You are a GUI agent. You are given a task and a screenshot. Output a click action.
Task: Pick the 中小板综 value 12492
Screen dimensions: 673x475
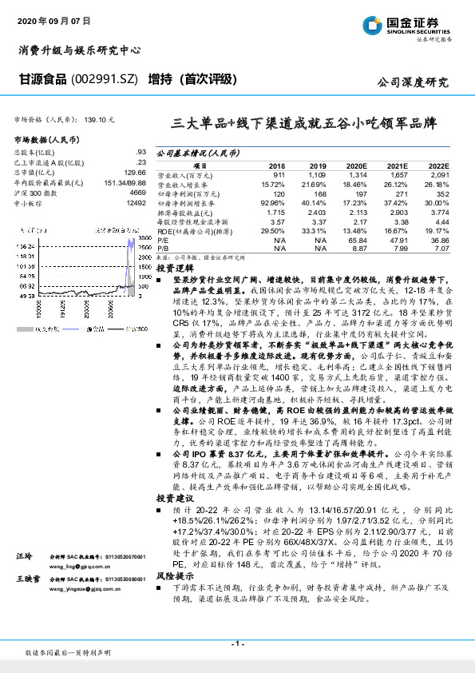(x=137, y=203)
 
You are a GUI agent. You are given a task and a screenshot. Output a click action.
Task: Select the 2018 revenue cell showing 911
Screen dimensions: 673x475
(x=278, y=173)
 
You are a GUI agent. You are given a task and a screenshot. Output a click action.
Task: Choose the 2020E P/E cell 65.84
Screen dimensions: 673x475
(x=355, y=239)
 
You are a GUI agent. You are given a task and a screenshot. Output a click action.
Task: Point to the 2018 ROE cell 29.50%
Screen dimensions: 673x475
(x=273, y=231)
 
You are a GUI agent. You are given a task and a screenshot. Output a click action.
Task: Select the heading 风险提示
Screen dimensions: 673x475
(x=176, y=599)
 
